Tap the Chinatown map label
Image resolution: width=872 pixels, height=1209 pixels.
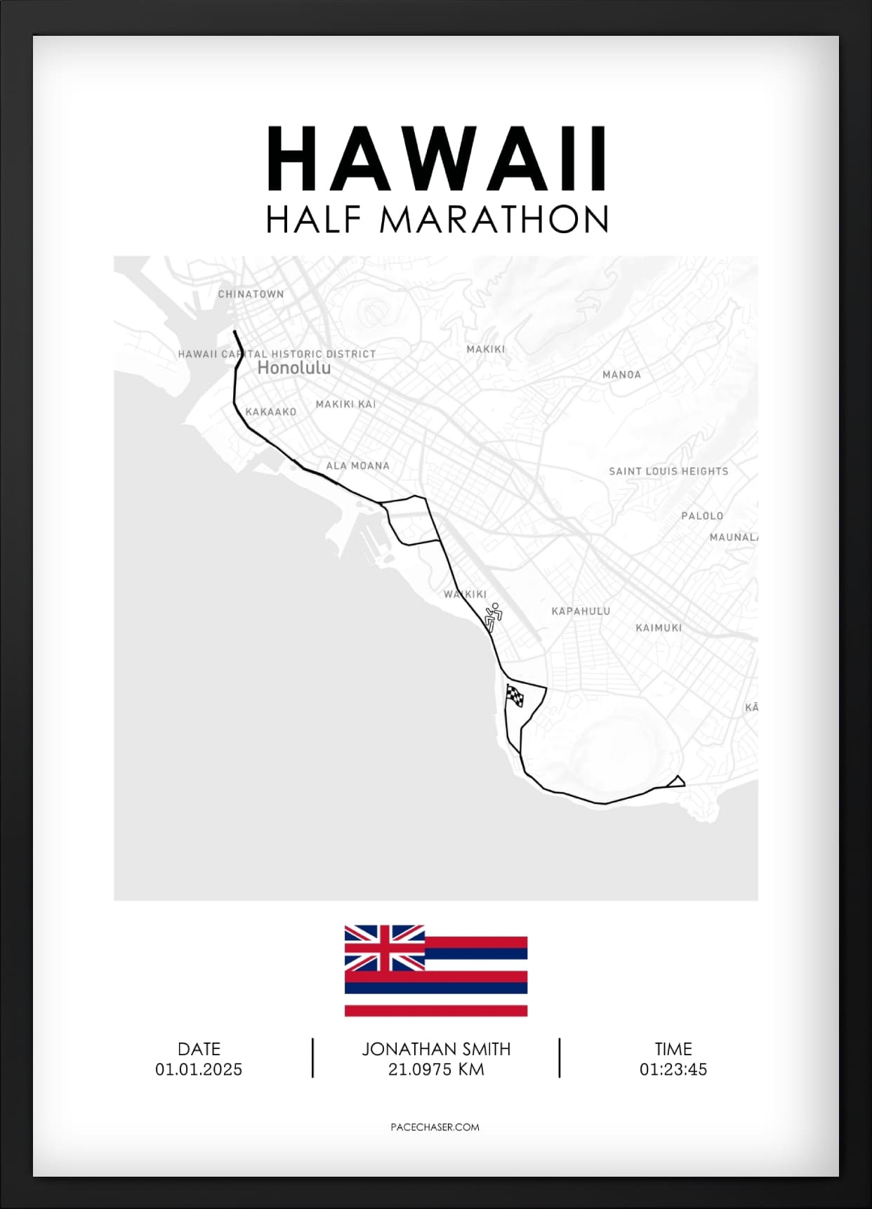tap(251, 294)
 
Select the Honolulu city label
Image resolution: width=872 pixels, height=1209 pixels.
tap(293, 368)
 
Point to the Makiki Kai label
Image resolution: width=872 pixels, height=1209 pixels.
tap(345, 404)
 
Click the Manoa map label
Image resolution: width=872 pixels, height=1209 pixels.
tap(621, 375)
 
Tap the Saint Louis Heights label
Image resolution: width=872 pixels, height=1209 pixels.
tap(668, 471)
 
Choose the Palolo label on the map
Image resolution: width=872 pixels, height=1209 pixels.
tap(701, 516)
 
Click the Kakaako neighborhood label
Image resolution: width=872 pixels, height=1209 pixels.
tap(271, 412)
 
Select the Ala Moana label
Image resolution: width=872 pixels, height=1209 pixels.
tap(357, 465)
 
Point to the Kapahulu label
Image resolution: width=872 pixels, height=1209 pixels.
tap(581, 612)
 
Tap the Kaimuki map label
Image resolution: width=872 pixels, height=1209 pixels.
tap(659, 628)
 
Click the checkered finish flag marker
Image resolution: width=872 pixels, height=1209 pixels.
tap(515, 696)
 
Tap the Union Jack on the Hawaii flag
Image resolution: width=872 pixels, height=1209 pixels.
tap(384, 948)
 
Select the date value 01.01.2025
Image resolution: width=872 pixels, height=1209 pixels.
tap(199, 1069)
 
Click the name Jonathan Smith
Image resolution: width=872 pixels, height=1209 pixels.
tap(436, 1049)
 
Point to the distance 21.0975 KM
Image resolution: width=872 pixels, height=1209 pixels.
tap(436, 1069)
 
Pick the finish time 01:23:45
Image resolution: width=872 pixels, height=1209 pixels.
tap(673, 1069)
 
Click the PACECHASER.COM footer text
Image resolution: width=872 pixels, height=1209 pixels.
tap(435, 1127)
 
